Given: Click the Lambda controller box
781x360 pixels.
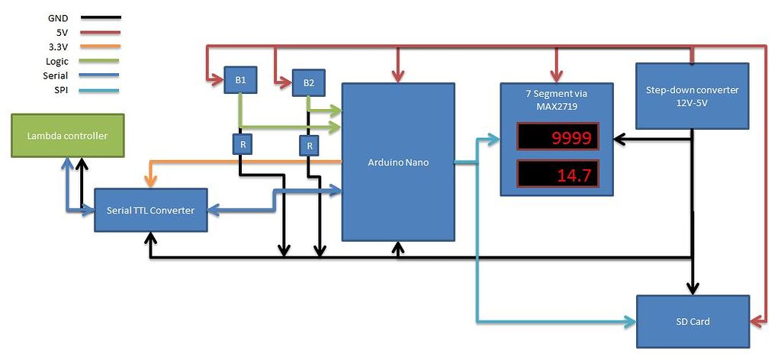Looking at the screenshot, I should coord(67,136).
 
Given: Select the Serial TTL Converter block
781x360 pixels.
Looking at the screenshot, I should coord(150,211).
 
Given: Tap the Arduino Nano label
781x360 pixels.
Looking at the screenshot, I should coord(398,162).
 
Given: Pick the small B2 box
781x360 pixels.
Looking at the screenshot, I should coord(308,82).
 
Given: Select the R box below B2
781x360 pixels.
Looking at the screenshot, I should coord(310,145).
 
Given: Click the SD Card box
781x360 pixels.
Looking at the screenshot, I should coord(693,321).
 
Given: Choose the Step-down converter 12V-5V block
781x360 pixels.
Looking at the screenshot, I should coord(692,95).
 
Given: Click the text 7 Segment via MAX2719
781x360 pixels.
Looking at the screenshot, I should coord(557,100).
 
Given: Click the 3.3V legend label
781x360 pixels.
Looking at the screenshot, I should coord(57,47).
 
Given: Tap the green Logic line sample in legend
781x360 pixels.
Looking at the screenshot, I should coord(99,61).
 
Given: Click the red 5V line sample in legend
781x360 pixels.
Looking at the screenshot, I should coord(99,32).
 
